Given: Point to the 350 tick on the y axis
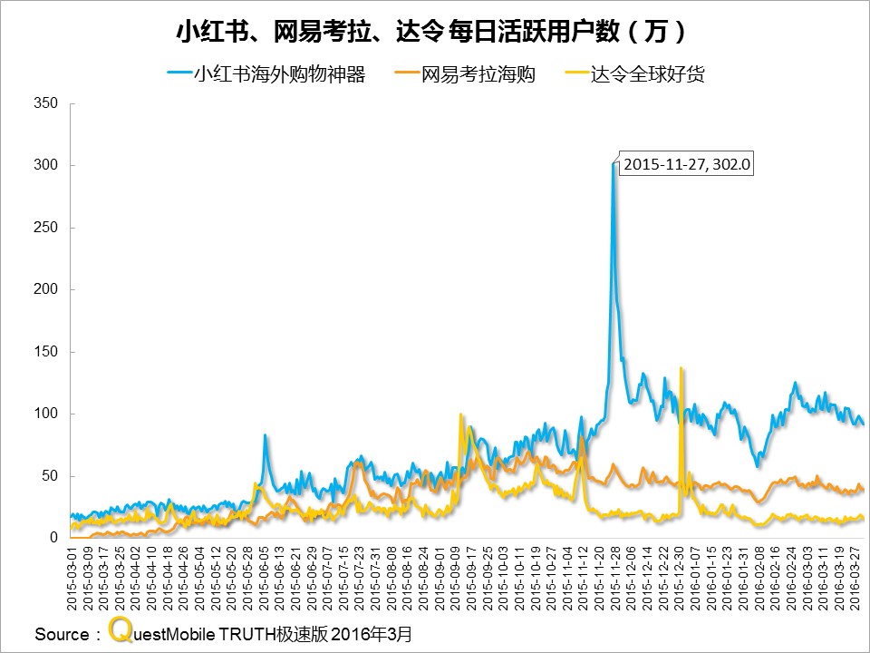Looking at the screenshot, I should point(46,103).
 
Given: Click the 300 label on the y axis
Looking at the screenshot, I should point(46,165).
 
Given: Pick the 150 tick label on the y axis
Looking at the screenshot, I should point(46,352).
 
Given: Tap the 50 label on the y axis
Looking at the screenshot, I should point(50,476).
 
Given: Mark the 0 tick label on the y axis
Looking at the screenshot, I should point(53,538).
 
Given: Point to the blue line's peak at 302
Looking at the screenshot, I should point(613,164).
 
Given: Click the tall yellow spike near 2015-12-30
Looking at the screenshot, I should point(681,369).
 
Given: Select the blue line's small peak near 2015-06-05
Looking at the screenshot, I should point(265,435).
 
